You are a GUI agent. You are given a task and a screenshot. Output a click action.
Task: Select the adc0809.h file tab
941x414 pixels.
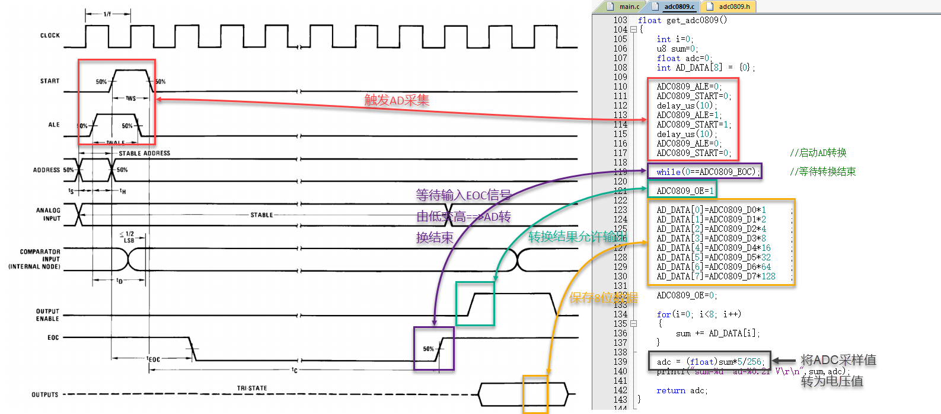coord(733,7)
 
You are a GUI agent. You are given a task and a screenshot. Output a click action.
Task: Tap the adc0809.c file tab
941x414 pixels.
coord(678,7)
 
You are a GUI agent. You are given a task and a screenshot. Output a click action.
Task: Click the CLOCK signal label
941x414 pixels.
coord(50,36)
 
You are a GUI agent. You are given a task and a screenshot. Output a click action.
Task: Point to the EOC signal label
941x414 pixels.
coord(53,337)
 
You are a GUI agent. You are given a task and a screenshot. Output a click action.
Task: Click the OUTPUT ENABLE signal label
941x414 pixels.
coord(47,315)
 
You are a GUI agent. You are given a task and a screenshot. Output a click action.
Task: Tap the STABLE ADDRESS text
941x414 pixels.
coord(144,153)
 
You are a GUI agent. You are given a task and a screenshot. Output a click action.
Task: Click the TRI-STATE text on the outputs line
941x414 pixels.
coord(252,388)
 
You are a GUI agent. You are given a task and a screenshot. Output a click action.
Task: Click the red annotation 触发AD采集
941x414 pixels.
coord(397,100)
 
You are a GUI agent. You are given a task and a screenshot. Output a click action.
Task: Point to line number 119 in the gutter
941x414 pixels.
coord(620,172)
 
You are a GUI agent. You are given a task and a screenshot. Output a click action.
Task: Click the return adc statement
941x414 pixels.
coord(682,390)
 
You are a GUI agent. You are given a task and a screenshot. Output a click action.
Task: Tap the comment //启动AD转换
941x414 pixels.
coord(818,153)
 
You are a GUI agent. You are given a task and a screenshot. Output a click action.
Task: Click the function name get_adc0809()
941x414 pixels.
coord(696,20)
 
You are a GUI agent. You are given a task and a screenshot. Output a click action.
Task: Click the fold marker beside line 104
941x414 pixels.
coord(633,30)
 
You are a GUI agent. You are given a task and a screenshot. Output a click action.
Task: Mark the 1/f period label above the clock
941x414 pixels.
coord(107,14)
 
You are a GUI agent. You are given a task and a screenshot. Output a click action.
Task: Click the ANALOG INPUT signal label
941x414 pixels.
coord(48,214)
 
